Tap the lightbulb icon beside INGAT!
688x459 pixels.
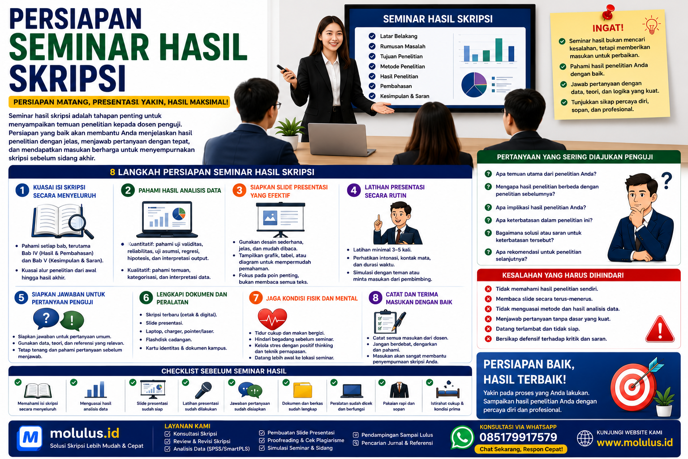651,25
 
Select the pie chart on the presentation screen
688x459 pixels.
474,85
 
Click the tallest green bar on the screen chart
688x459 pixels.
499,50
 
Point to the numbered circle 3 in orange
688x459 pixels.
239,191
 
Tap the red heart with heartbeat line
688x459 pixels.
272,319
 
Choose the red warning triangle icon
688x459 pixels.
660,329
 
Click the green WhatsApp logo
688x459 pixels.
462,437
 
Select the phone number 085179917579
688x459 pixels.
518,437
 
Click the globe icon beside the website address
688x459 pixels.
585,438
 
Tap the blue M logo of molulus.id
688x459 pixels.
30,438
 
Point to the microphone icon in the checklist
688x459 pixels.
203,390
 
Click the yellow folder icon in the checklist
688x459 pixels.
302,390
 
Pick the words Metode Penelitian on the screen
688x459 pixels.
402,66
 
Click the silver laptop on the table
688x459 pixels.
341,139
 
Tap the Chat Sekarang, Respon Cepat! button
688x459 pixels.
521,449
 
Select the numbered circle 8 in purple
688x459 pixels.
375,298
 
